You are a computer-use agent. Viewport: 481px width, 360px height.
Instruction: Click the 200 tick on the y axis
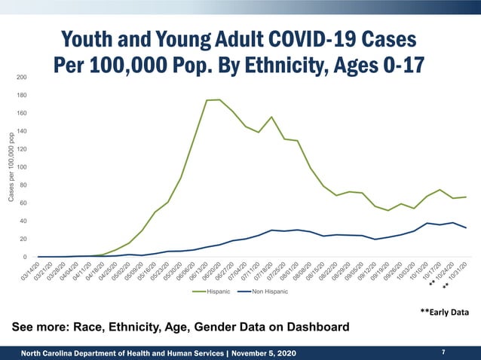point(22,78)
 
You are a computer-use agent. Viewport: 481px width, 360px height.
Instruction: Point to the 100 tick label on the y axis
point(22,167)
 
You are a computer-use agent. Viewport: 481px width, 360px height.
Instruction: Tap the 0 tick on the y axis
point(26,258)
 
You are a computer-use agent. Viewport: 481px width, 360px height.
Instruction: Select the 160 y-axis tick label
point(22,114)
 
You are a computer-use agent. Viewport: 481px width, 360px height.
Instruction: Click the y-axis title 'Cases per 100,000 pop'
point(11,167)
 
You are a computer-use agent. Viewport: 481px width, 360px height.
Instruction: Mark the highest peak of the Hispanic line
point(219,99)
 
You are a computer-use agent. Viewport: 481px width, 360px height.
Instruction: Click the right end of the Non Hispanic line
point(465,227)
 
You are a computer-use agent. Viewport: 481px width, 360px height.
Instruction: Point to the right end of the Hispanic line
point(465,197)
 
